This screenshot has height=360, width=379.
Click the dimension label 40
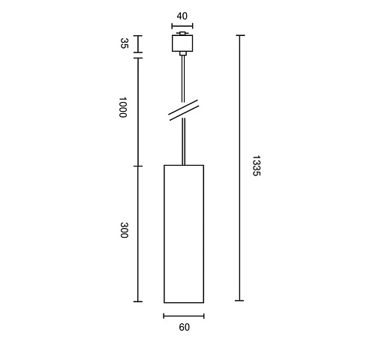point(182,16)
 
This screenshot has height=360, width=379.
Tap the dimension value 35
point(124,43)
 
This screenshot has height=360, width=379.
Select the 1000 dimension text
point(123,107)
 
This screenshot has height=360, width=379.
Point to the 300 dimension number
point(124,230)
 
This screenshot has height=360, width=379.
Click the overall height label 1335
point(256,166)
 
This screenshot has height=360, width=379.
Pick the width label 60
point(185,327)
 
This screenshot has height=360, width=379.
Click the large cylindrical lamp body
point(184,234)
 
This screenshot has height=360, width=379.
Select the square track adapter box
point(182,43)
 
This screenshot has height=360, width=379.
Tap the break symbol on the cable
point(184,110)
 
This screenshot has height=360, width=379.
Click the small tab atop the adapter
point(182,33)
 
